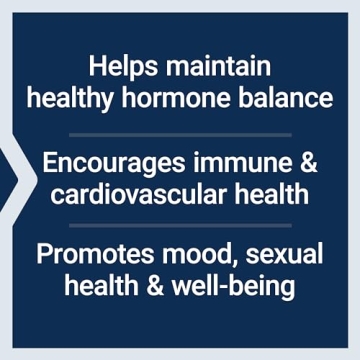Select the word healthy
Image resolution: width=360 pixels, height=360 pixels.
[70, 99]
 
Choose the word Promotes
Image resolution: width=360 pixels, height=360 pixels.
[85, 254]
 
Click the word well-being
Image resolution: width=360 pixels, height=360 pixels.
[233, 285]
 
